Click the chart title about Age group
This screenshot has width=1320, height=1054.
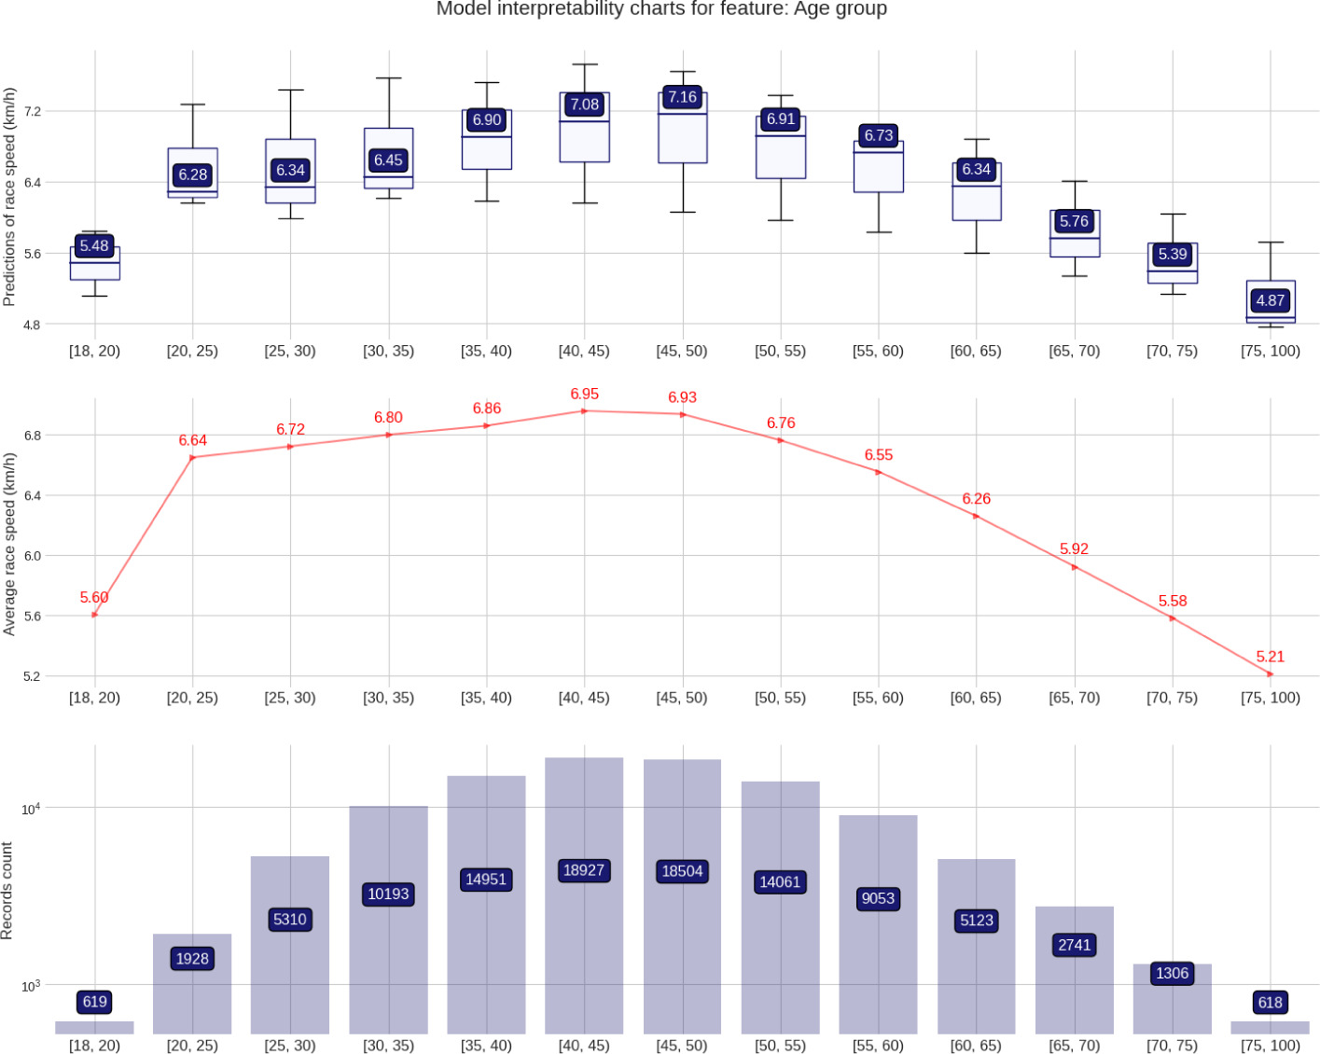click(x=661, y=9)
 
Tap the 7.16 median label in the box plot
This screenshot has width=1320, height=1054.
click(x=682, y=97)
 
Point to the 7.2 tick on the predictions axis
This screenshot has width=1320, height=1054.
click(x=33, y=111)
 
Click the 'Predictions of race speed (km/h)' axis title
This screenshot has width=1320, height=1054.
click(x=9, y=197)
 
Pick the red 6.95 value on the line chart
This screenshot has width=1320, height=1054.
click(x=584, y=395)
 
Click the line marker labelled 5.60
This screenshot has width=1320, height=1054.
click(x=94, y=615)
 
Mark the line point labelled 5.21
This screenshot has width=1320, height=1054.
click(x=1270, y=673)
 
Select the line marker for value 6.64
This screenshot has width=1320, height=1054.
click(x=192, y=457)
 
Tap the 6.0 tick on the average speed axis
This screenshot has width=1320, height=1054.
click(x=32, y=556)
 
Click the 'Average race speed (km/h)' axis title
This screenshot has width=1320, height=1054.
click(x=9, y=544)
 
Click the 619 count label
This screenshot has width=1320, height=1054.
click(x=94, y=1002)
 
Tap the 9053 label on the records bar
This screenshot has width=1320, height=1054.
click(x=878, y=898)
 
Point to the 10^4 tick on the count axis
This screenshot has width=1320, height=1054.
click(x=31, y=809)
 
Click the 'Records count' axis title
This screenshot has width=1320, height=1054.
click(x=7, y=891)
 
